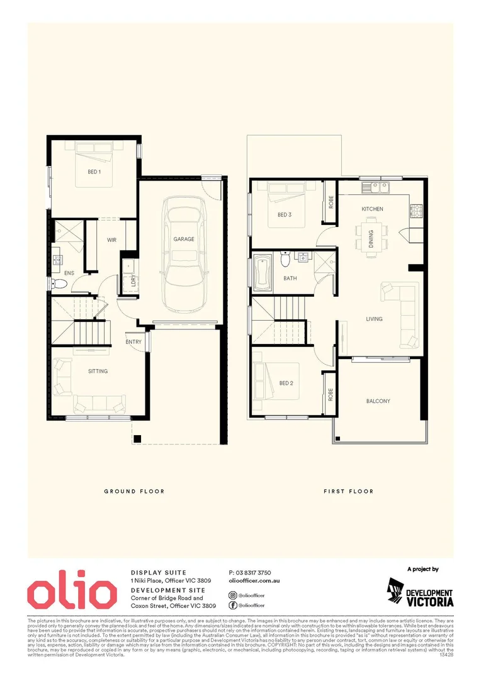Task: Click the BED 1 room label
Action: point(94,172)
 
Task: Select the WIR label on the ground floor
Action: point(112,240)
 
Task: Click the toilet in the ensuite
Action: point(59,284)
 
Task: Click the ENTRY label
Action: point(133,342)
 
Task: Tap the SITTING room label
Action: point(98,372)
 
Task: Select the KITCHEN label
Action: point(372,209)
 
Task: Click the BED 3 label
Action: point(285,215)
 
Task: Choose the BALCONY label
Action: point(378,401)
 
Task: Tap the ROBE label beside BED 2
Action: point(329,394)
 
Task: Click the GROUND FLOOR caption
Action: point(134,491)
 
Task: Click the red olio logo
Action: point(72,593)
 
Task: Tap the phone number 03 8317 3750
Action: point(250,573)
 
